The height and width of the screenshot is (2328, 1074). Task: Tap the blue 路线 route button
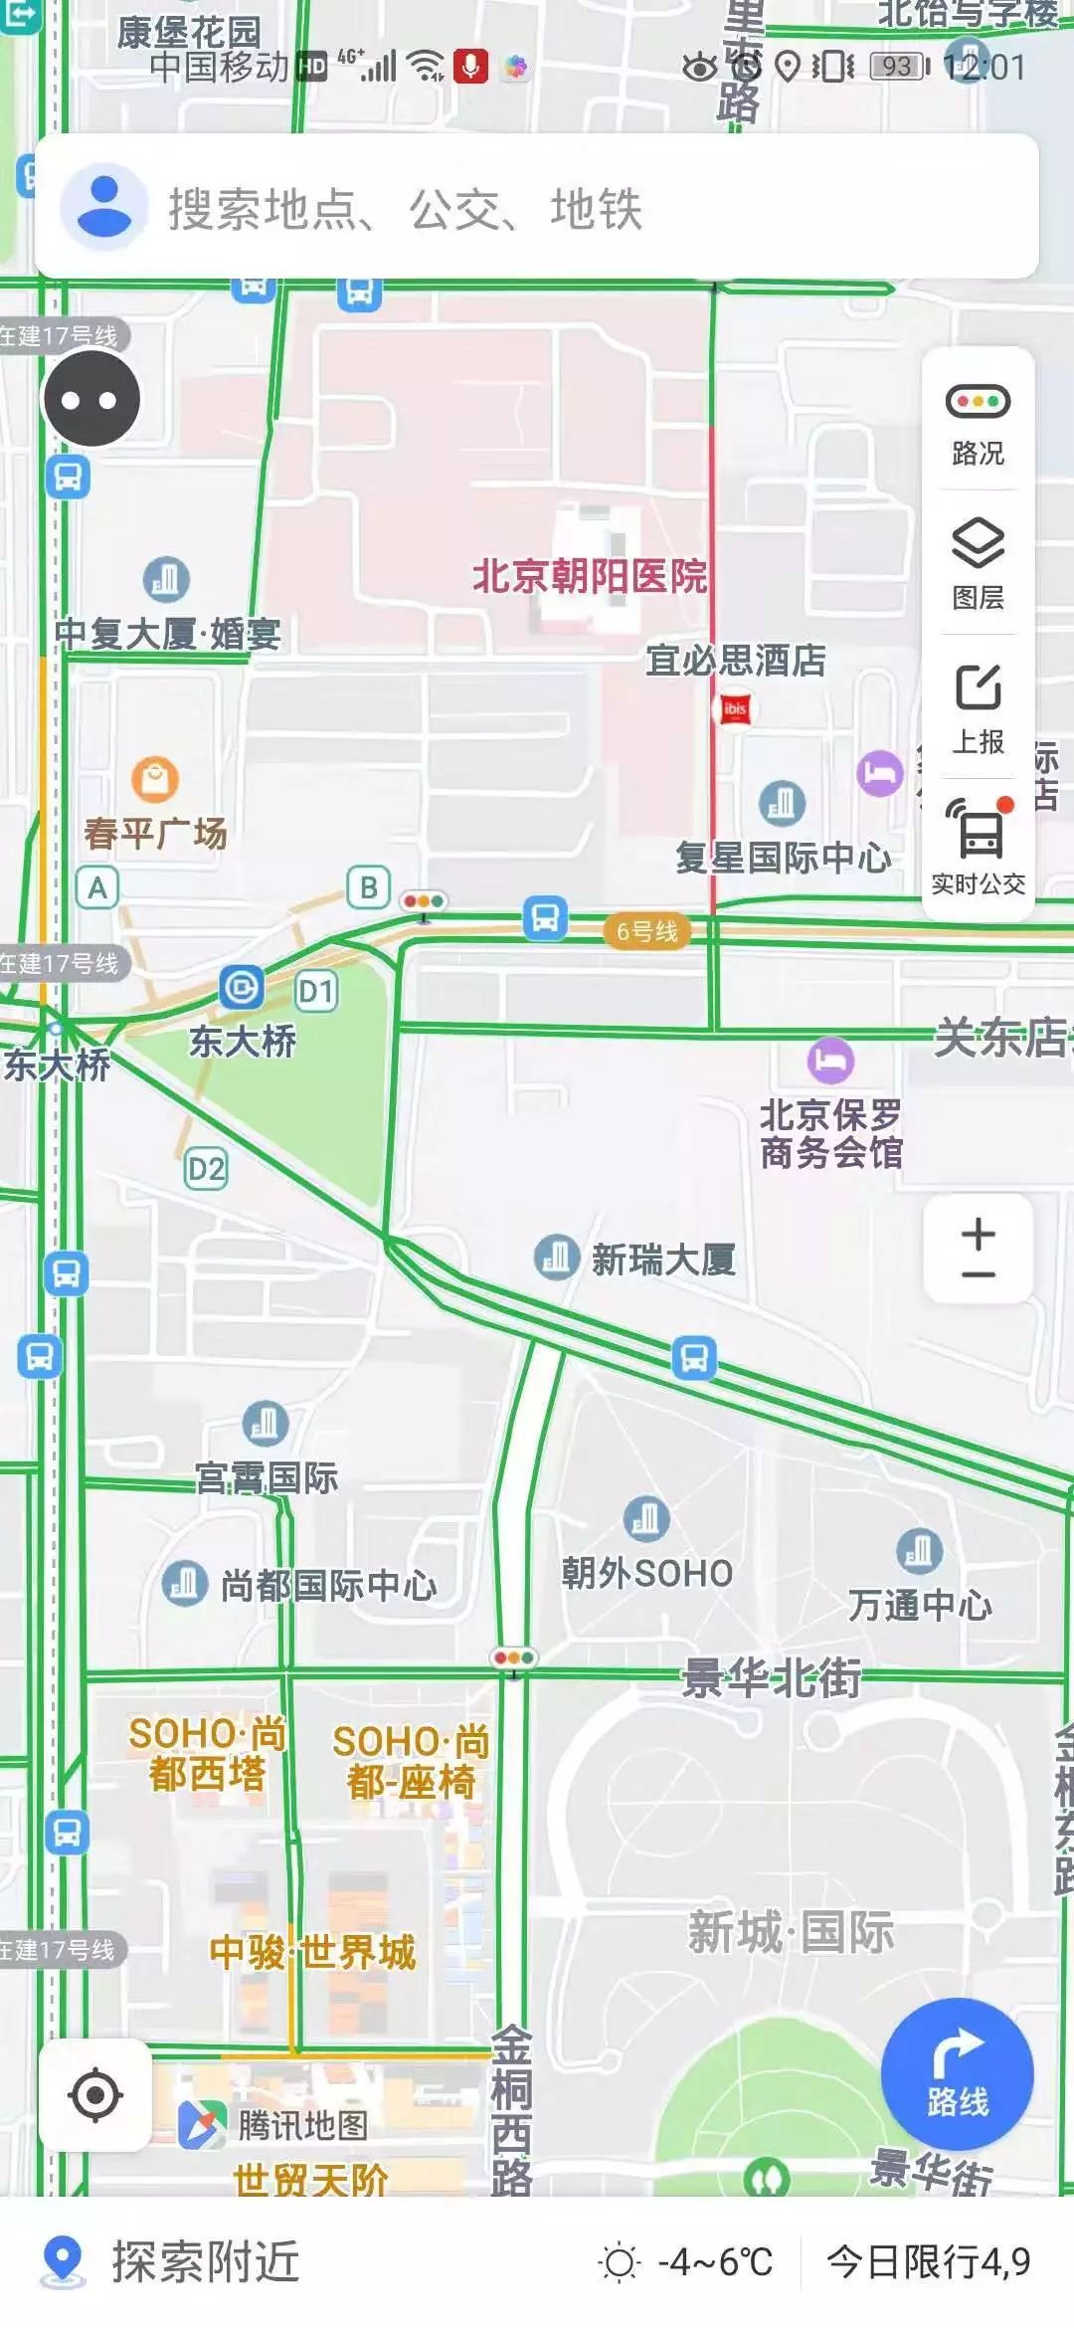(x=957, y=2073)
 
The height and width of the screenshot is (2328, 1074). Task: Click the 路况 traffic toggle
(x=978, y=422)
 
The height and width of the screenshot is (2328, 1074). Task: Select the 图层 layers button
(x=978, y=563)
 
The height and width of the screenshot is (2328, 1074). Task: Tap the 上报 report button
(x=978, y=706)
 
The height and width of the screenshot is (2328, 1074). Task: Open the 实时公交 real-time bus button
(x=978, y=846)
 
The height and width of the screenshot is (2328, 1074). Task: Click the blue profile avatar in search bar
(x=103, y=207)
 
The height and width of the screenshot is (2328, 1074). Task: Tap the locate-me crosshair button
(x=95, y=2093)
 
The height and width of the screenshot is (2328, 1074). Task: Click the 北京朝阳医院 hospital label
(x=589, y=576)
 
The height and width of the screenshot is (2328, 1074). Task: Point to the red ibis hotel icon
(x=735, y=709)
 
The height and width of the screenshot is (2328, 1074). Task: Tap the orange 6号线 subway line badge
(x=646, y=932)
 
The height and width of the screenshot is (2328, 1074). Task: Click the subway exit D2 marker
(x=206, y=1168)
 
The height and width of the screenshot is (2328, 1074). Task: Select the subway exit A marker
(x=97, y=886)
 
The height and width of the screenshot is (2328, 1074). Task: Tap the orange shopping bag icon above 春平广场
(x=155, y=780)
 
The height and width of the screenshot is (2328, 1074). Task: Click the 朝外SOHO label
(x=646, y=1573)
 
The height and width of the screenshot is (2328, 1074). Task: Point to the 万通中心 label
(x=919, y=1605)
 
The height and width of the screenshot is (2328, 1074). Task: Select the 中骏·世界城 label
(x=312, y=1952)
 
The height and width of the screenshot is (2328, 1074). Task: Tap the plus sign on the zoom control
(x=978, y=1235)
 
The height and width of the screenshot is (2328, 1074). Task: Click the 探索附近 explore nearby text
(x=205, y=2261)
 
